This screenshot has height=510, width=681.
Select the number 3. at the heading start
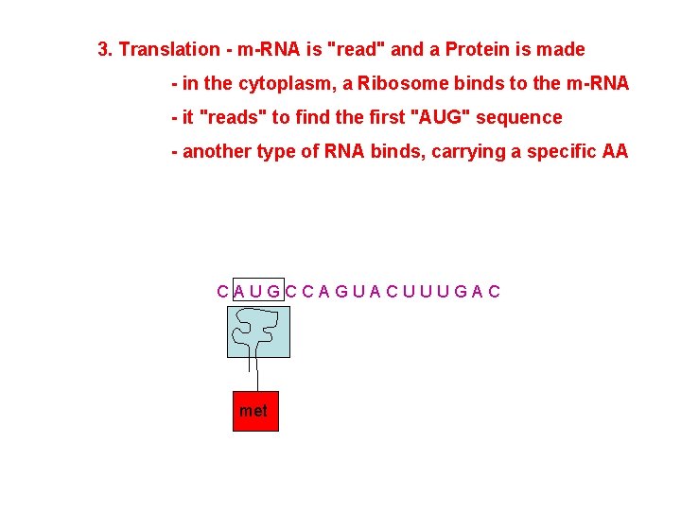(106, 49)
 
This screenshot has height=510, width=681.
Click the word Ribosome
(399, 83)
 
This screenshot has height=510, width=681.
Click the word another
(218, 151)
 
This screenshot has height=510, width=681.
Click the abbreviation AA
(615, 151)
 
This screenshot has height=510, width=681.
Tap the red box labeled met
(255, 411)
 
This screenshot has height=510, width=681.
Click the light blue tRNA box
(258, 331)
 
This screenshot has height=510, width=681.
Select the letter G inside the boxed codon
(273, 291)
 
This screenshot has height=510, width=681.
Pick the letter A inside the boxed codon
(239, 291)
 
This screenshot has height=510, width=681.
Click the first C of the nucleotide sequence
(222, 291)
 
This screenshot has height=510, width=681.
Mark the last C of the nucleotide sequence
(495, 291)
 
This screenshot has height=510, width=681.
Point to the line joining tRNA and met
(257, 373)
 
